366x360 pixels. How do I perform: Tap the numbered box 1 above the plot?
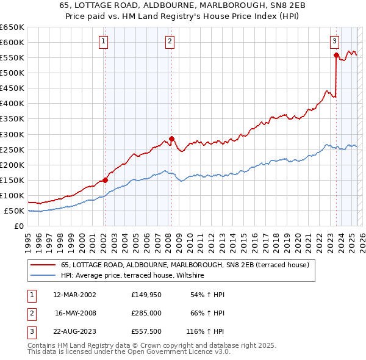104,41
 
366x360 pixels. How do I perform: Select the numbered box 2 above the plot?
169,41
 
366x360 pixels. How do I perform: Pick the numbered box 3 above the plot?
335,41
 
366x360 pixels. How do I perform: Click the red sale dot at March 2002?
105,180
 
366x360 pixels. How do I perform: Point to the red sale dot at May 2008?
171,139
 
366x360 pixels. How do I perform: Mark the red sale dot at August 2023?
336,55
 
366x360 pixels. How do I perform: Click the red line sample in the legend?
43,265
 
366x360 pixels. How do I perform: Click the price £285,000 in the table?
146,314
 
